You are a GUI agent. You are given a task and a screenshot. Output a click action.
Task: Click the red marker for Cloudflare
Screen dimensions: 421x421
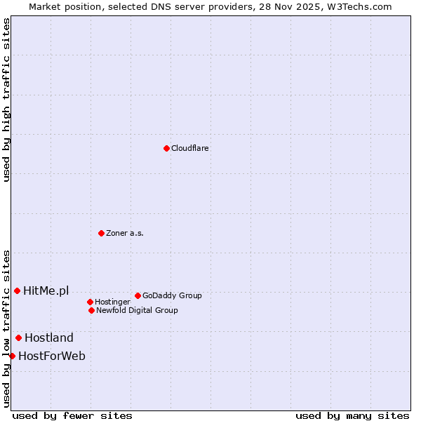(166, 148)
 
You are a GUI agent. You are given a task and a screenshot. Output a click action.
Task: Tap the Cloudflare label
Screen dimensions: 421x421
(190, 149)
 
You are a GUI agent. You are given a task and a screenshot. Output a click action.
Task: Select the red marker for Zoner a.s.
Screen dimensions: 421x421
(101, 233)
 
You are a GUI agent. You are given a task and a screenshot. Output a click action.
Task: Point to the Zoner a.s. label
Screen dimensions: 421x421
(125, 234)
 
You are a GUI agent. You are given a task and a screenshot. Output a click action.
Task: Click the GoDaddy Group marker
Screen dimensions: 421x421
(138, 295)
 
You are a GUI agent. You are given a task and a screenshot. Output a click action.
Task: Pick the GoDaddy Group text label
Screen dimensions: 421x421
(172, 296)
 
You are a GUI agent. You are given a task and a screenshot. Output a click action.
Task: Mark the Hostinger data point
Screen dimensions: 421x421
(90, 302)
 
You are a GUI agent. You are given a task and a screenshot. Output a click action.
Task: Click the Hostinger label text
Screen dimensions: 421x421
(112, 302)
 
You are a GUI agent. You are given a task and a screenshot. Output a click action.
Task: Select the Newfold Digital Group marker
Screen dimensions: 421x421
(91, 310)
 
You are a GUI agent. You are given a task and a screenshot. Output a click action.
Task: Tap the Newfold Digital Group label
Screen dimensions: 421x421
(137, 311)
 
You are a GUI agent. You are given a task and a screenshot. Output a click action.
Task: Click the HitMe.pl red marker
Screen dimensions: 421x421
(17, 290)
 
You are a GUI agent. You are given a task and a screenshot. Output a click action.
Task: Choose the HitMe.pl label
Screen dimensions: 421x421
(46, 291)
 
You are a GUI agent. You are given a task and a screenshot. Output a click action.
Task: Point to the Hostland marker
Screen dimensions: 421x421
(18, 338)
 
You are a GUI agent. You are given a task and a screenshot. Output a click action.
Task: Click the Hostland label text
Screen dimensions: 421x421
(49, 338)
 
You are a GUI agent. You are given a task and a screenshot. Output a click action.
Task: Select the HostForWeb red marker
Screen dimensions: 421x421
(12, 356)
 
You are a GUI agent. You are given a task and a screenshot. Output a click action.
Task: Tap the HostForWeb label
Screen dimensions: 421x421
(52, 356)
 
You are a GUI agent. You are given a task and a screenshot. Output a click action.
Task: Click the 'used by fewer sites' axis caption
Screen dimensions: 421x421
(72, 415)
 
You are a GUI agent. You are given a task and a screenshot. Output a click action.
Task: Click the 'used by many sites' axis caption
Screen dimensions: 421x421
(352, 415)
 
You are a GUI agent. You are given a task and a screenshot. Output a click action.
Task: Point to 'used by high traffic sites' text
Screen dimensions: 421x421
(6, 100)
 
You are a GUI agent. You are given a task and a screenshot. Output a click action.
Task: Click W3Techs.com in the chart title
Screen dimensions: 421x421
(360, 6)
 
